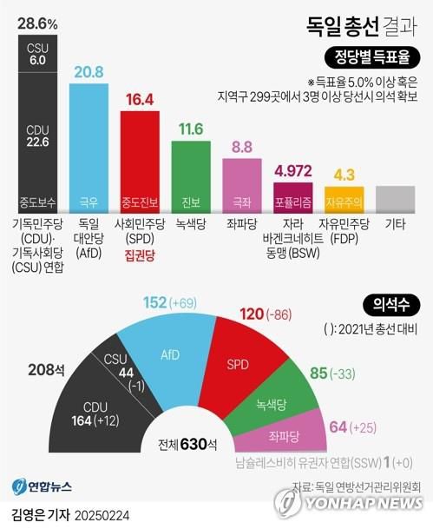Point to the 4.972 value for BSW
(292, 169)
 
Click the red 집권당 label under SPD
(139, 256)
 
